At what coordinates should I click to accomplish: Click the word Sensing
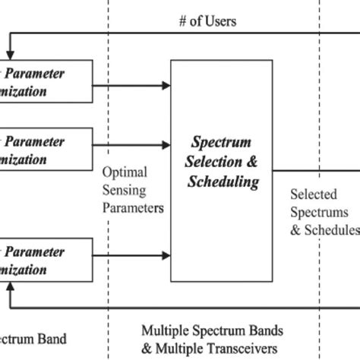pyautogui.click(x=125, y=189)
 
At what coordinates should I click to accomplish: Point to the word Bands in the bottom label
pyautogui.click(x=262, y=330)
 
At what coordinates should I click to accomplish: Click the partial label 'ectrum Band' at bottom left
pyautogui.click(x=33, y=338)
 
